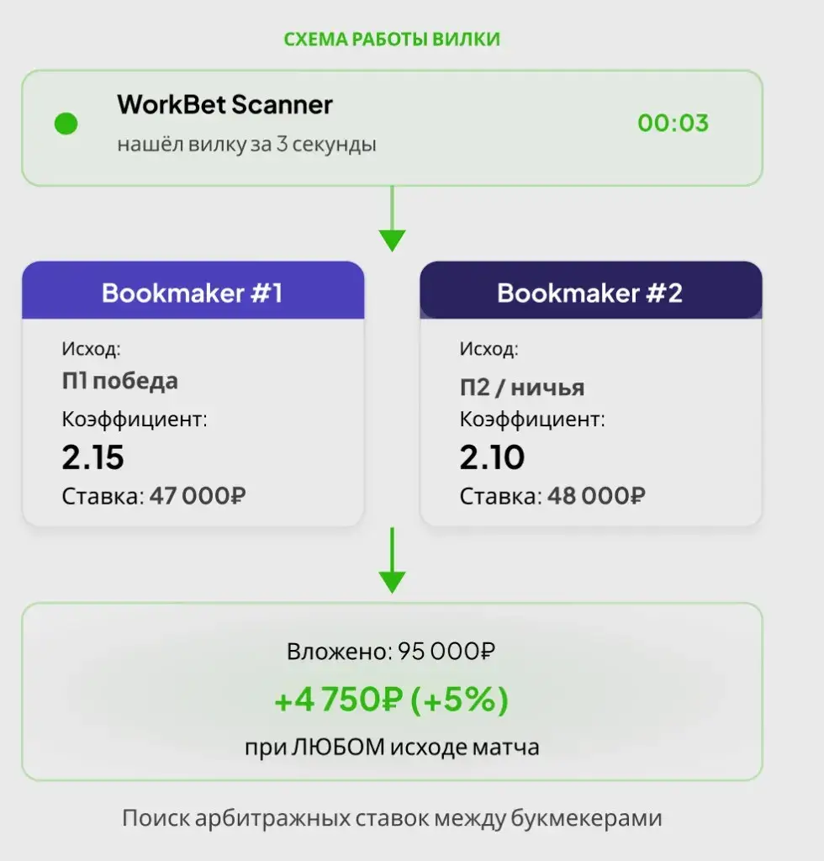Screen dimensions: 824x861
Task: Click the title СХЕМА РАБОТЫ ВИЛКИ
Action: click(392, 40)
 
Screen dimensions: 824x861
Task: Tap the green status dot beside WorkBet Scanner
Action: click(66, 124)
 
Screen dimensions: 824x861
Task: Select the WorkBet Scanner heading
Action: click(224, 104)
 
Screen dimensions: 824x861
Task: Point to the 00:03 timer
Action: click(673, 123)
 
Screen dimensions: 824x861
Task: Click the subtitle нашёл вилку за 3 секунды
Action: click(246, 144)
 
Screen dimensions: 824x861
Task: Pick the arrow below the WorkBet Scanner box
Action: click(392, 219)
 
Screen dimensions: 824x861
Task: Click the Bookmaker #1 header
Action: click(193, 291)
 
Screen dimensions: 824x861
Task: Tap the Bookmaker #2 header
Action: click(591, 291)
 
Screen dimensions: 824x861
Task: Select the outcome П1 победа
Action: click(119, 381)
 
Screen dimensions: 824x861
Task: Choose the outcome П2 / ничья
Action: click(522, 388)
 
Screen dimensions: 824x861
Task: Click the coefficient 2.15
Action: click(92, 457)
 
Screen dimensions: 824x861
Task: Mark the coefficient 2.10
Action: click(492, 457)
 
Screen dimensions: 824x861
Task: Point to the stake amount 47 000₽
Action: click(198, 496)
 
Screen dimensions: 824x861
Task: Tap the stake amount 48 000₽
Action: click(596, 496)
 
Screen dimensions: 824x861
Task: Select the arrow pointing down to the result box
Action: click(392, 560)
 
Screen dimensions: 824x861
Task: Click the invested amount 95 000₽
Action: click(446, 652)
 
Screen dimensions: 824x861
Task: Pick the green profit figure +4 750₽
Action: click(339, 700)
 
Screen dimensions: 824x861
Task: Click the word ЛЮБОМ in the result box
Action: click(338, 747)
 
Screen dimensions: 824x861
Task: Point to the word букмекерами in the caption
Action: click(586, 818)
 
